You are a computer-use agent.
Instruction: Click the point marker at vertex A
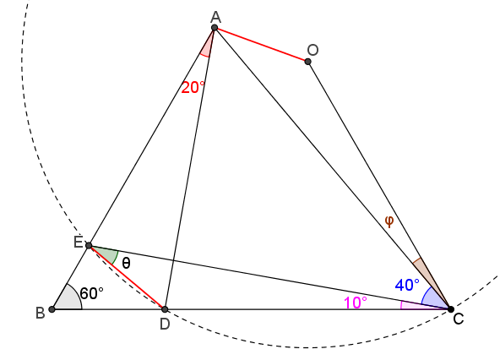tap(215, 28)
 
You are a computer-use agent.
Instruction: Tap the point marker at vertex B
tap(52, 309)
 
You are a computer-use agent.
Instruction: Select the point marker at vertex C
tap(450, 309)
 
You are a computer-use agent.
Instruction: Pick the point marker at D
tap(165, 309)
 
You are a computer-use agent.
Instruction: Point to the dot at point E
tap(89, 245)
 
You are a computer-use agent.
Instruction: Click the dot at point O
tap(307, 62)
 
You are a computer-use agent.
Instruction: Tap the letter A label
tap(216, 17)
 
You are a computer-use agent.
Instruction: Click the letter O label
tap(312, 50)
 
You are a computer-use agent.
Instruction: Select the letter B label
tap(41, 313)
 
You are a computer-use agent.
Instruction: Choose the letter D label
tap(165, 325)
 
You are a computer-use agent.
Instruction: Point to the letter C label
tap(459, 319)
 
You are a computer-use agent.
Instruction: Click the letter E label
tap(78, 243)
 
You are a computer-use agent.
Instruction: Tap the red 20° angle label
tap(193, 87)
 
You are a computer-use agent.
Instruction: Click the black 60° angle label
tap(92, 293)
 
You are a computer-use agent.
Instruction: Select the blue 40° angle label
tap(407, 285)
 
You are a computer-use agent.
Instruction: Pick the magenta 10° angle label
tap(356, 303)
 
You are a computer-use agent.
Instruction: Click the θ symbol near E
tap(127, 264)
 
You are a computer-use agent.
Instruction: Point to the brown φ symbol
tap(389, 221)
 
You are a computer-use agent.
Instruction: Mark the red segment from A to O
tap(261, 45)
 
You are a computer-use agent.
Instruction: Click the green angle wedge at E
tap(106, 254)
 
